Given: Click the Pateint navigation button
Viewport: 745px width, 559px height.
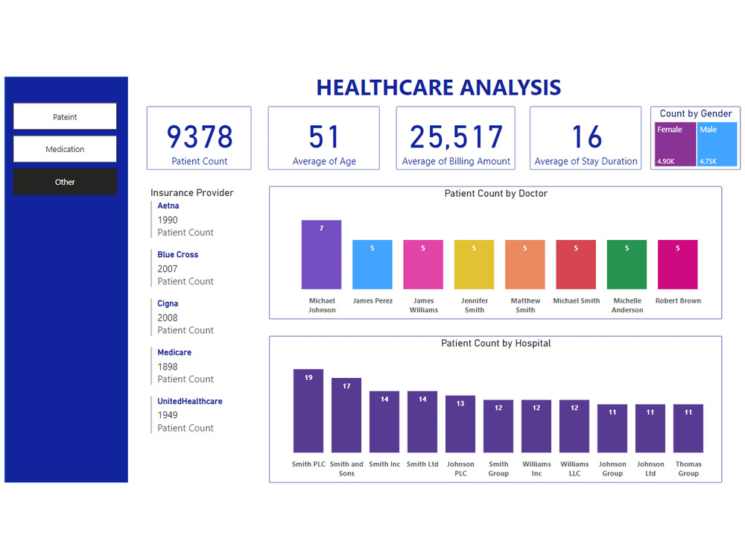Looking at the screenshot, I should (x=65, y=116).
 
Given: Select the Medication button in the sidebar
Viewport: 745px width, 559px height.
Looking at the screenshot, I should (x=65, y=149).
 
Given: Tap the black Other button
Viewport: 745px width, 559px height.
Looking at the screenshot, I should (x=65, y=182).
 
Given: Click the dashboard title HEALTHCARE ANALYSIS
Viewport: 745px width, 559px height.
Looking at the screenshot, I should (x=438, y=88).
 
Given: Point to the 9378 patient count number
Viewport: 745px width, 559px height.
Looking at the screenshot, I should (x=199, y=137).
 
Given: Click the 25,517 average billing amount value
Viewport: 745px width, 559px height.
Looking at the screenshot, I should (x=456, y=137).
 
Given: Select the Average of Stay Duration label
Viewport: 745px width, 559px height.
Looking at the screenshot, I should (x=586, y=161).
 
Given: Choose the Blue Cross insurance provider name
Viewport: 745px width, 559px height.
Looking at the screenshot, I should (x=177, y=254).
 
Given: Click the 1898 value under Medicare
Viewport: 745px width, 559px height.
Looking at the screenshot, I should (x=168, y=367).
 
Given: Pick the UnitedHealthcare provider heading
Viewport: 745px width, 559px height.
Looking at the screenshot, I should (x=189, y=401).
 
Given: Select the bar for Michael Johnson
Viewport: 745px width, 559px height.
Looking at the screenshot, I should (x=321, y=255).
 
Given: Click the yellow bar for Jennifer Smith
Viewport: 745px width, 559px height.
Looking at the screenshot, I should (x=474, y=265).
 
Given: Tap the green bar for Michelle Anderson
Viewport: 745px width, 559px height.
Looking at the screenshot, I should (x=627, y=265).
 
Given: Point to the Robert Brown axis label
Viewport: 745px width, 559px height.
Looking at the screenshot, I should (x=677, y=301).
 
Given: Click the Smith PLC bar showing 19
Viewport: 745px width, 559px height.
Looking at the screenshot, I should (x=308, y=411).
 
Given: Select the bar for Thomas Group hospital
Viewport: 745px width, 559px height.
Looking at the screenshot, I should (x=688, y=429).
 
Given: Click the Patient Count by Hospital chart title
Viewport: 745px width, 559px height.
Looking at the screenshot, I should (x=495, y=344).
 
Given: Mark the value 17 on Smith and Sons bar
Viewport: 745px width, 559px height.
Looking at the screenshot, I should (x=346, y=386).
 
